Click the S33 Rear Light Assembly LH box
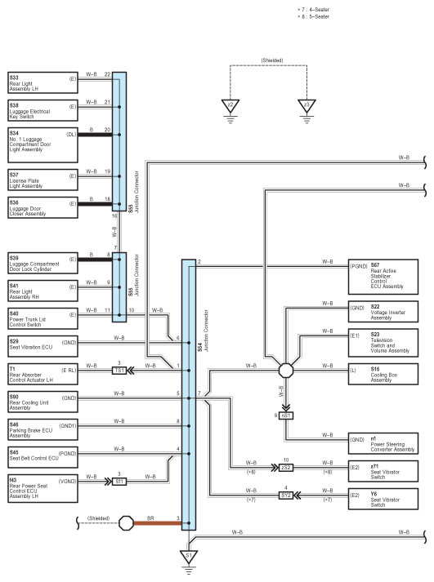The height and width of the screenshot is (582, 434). [x=43, y=82]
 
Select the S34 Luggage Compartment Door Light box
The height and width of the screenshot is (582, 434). [x=43, y=145]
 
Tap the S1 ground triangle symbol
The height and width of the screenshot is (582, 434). [x=188, y=557]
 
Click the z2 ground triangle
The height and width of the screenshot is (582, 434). [x=230, y=106]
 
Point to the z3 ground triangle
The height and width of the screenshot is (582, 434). [x=306, y=106]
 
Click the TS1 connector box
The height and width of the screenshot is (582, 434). [x=119, y=371]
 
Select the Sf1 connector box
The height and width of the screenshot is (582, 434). [x=119, y=482]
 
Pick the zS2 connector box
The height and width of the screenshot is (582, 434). [x=286, y=468]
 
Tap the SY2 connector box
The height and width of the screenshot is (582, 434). [x=286, y=495]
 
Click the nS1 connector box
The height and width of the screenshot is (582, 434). [x=286, y=415]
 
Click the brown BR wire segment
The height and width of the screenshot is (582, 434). [x=158, y=523]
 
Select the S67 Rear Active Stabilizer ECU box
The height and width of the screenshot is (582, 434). [x=383, y=277]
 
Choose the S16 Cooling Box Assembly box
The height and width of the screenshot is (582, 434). [x=383, y=374]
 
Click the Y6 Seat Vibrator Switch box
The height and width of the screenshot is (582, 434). [x=383, y=499]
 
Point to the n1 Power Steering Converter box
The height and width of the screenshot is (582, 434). [x=383, y=443]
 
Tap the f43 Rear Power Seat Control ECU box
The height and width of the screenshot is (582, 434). [x=43, y=488]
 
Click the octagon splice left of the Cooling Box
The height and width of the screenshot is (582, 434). [x=286, y=371]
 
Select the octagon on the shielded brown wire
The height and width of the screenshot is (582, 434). [x=126, y=523]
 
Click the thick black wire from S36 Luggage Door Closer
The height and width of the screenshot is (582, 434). [x=95, y=204]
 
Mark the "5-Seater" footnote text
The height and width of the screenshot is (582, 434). [x=313, y=16]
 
